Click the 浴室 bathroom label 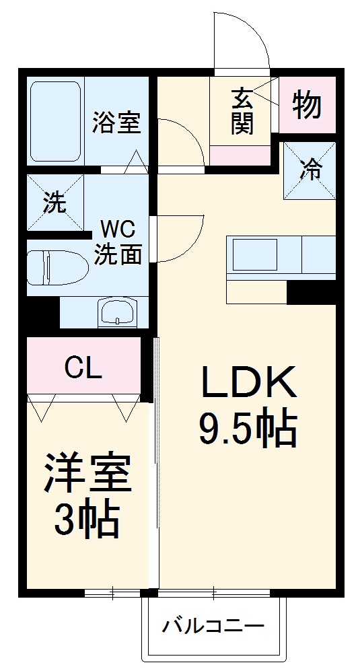(116, 123)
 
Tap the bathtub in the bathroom (57, 120)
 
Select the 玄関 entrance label (242, 111)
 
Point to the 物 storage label (307, 104)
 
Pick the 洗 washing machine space (55, 202)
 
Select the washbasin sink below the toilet (118, 313)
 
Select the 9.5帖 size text (246, 428)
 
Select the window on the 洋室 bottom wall (112, 593)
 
